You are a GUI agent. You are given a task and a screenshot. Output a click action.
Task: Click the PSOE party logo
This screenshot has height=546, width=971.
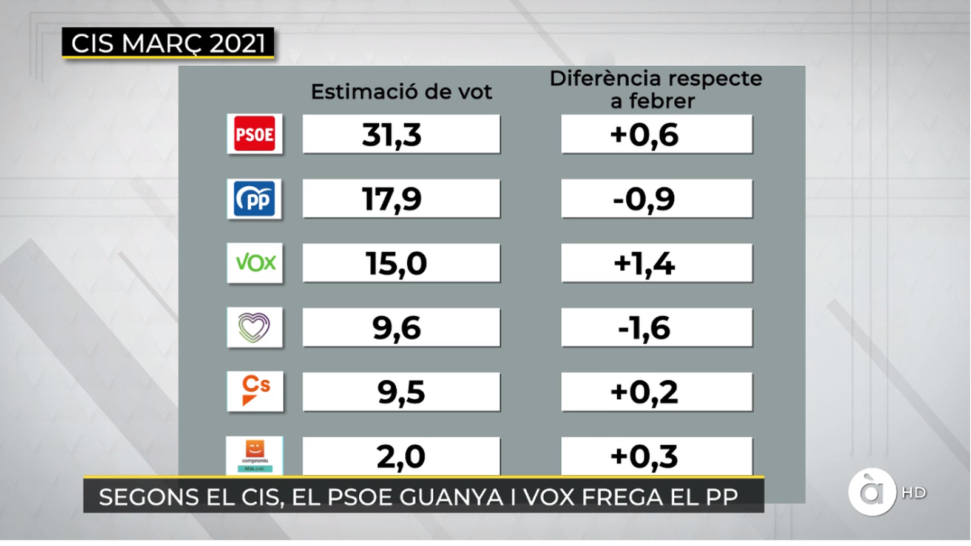click(x=254, y=134)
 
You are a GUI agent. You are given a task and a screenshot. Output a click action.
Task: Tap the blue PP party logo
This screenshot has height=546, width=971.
click(x=254, y=199)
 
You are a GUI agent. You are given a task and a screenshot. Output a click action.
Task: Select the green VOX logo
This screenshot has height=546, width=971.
click(x=254, y=263)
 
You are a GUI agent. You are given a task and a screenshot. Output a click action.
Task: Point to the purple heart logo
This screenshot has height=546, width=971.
click(x=254, y=328)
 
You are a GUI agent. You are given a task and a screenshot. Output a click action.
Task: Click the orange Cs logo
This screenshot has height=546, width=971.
click(x=254, y=391)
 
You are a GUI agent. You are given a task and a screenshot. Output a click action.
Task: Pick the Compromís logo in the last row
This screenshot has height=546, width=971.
click(x=254, y=455)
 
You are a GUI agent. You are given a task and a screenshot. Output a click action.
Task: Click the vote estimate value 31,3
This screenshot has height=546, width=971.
click(x=401, y=134)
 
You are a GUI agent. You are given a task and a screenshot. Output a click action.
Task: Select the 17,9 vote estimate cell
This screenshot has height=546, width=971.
click(x=401, y=199)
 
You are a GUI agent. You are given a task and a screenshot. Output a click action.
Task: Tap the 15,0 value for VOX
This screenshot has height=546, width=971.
click(x=401, y=263)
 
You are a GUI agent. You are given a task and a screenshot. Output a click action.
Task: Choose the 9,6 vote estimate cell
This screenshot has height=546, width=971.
click(x=401, y=328)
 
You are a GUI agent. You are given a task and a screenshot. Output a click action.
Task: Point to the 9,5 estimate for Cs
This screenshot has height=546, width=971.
click(x=401, y=392)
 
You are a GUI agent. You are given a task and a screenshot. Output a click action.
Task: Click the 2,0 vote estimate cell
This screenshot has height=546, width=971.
click(x=401, y=456)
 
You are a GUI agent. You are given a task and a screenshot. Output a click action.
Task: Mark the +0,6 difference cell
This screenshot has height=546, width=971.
click(x=656, y=134)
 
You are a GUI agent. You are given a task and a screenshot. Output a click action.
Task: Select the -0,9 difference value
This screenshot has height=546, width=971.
click(x=656, y=199)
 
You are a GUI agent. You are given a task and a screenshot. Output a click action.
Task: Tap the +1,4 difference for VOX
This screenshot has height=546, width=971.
click(x=656, y=263)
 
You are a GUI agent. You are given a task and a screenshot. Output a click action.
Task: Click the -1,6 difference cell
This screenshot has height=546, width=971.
click(x=656, y=328)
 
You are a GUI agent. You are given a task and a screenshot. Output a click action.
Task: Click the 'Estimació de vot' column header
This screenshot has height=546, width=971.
click(x=401, y=92)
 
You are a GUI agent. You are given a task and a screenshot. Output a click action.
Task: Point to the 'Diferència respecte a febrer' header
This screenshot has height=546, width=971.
click(x=655, y=89)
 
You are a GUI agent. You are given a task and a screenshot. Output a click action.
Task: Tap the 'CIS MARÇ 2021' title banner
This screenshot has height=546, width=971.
click(x=168, y=43)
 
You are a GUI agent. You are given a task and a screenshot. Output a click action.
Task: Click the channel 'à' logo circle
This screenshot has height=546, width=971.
click(x=872, y=493)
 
